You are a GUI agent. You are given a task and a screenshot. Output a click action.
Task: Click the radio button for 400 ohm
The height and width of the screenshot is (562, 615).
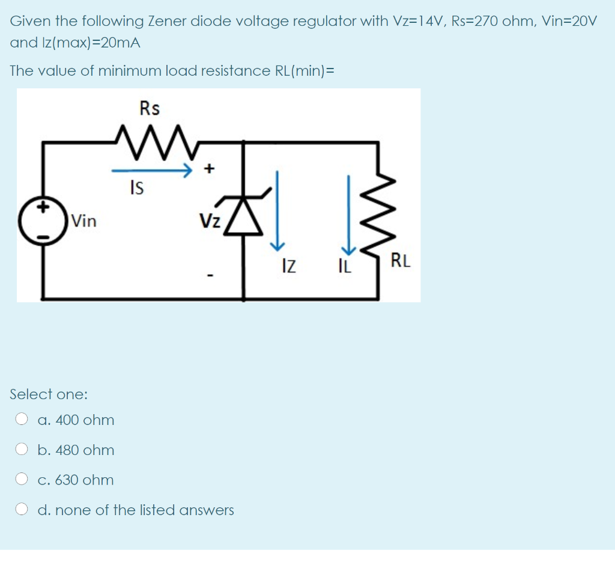(x=22, y=419)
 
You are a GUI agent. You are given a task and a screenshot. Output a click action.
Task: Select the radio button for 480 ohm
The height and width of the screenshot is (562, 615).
(x=22, y=449)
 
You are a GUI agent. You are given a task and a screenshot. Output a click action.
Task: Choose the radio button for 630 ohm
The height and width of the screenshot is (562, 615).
(x=22, y=479)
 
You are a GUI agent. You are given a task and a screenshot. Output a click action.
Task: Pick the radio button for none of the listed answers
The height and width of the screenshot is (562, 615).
(x=22, y=509)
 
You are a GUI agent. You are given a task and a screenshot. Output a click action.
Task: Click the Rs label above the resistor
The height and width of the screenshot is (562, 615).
(x=150, y=108)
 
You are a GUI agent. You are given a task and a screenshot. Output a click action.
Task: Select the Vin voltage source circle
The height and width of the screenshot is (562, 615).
(x=42, y=221)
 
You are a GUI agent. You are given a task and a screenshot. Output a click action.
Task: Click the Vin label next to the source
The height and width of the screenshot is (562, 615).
(x=83, y=221)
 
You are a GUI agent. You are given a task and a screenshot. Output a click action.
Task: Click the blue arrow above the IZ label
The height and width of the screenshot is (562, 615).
(x=277, y=210)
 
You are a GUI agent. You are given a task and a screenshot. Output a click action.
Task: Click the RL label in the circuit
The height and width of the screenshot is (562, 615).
(x=401, y=261)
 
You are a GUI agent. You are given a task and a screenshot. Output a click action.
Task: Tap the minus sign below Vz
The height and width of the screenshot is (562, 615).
(x=209, y=276)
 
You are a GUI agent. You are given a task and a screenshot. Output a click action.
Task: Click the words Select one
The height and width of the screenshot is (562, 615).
(x=49, y=394)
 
